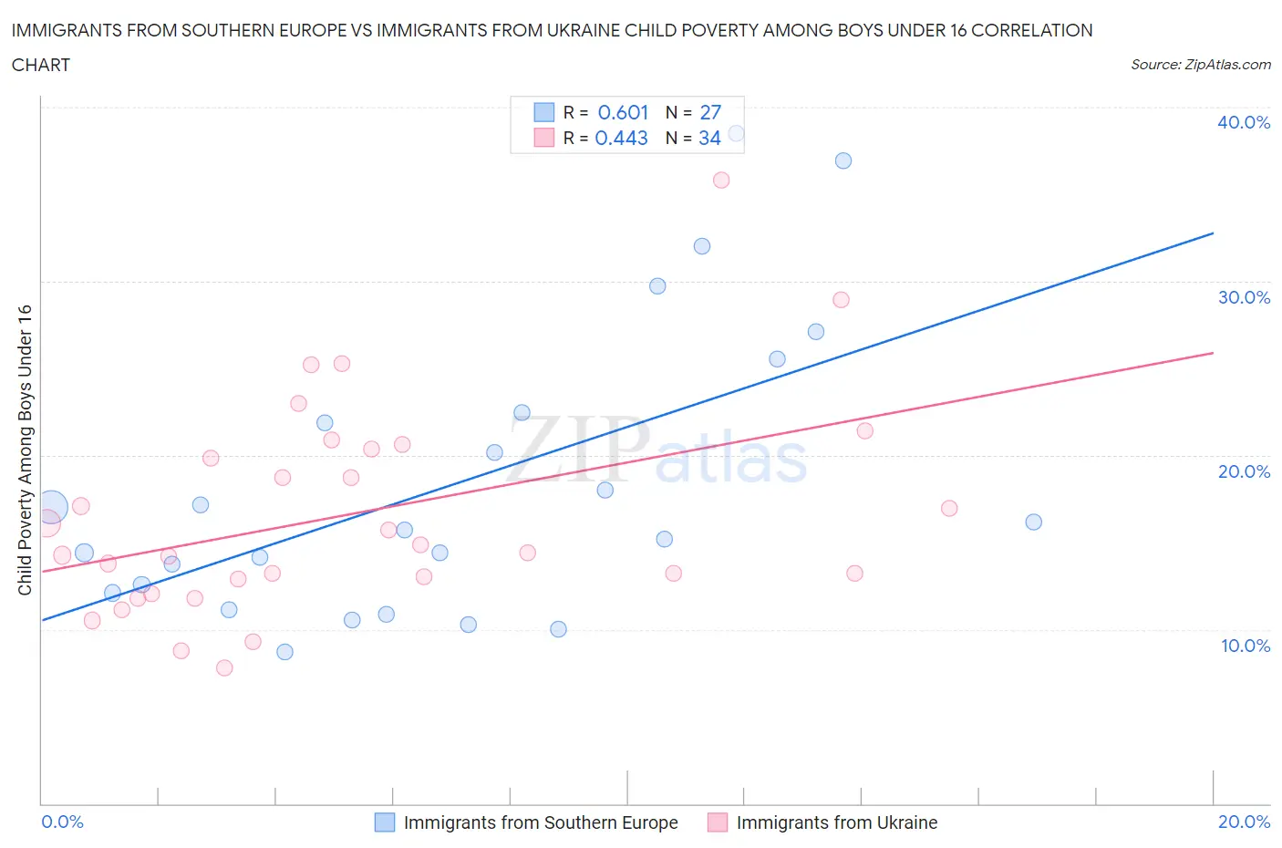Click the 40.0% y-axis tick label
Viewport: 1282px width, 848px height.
pos(1243,122)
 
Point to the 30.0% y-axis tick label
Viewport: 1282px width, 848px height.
pos(1244,297)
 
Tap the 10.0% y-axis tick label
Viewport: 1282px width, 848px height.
pos(1245,646)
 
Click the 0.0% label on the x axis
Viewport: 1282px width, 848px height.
pos(62,822)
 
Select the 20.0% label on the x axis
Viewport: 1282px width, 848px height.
pos(1244,822)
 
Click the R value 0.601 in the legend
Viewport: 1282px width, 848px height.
pos(623,112)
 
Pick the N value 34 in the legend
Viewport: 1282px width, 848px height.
pos(709,138)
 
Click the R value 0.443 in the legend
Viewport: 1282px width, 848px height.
pos(621,138)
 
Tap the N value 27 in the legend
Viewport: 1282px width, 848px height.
pos(710,112)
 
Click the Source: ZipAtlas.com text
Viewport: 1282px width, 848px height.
pos(1200,64)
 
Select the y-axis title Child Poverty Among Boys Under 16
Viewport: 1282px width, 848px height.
pos(25,450)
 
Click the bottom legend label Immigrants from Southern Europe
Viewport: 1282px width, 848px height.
pos(540,822)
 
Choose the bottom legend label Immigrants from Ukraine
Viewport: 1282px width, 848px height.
pos(836,822)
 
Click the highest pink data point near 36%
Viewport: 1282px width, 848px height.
pos(721,180)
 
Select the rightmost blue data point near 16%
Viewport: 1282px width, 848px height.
pos(1033,522)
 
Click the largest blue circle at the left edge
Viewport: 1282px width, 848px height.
pos(52,506)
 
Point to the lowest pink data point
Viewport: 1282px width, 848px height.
pos(224,667)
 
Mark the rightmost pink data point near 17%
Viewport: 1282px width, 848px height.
pos(949,508)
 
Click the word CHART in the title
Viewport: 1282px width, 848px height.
pos(41,65)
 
